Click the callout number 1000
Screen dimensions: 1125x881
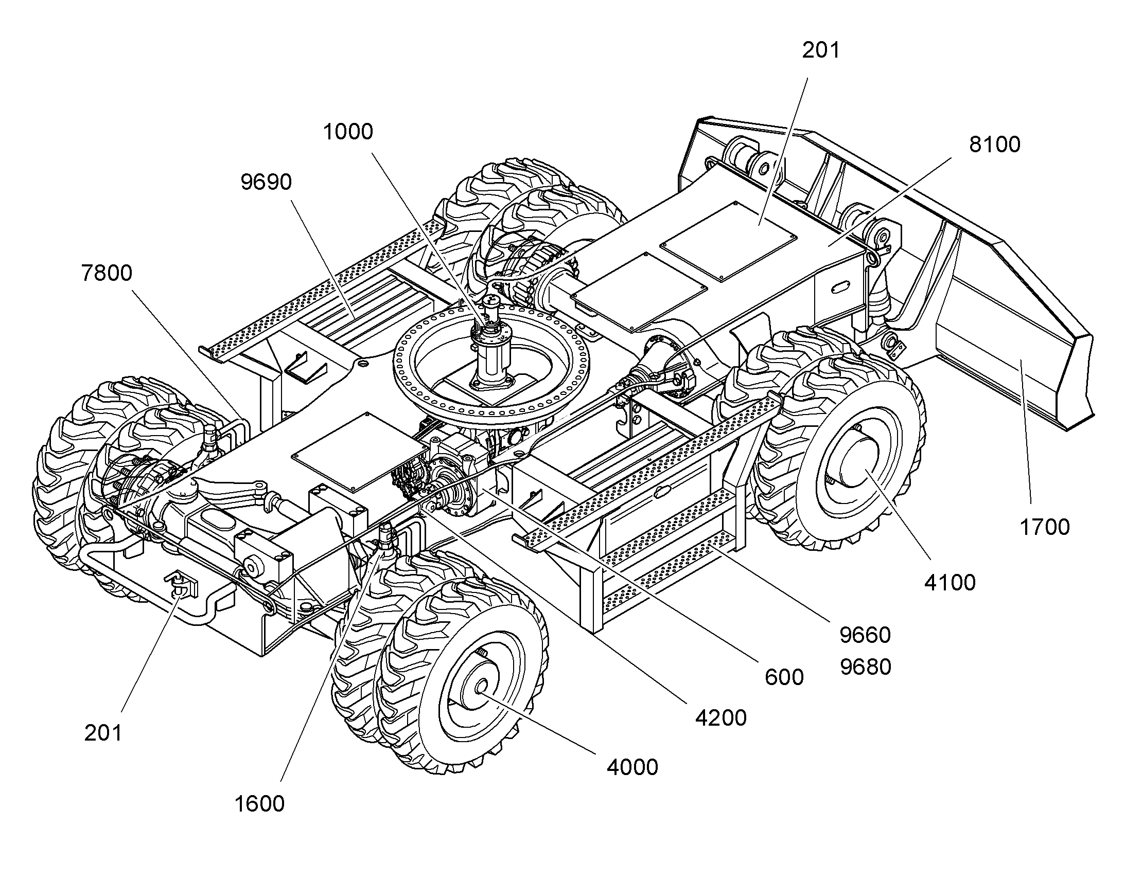coord(348,132)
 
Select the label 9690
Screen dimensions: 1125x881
coord(266,182)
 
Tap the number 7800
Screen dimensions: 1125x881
coord(107,273)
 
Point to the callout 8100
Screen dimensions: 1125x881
coord(995,145)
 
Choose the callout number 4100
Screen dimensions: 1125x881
coord(950,583)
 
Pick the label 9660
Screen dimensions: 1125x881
coord(866,635)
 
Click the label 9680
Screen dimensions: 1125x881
coord(866,667)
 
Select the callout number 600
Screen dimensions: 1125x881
coord(784,677)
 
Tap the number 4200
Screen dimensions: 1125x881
coord(721,718)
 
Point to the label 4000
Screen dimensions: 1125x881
coord(632,767)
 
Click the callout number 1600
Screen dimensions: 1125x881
coord(259,804)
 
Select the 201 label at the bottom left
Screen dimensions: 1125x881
coord(103,733)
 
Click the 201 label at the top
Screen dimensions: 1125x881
coord(821,50)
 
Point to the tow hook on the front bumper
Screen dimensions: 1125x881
coord(180,585)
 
